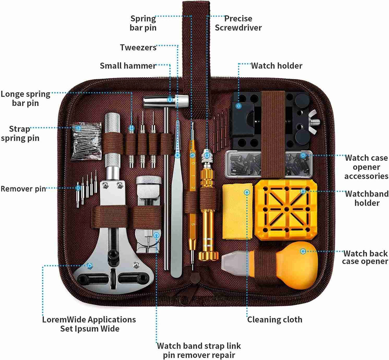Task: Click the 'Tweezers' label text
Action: (138, 48)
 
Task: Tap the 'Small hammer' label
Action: (128, 66)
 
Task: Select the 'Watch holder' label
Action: (277, 66)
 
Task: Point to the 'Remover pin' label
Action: (23, 189)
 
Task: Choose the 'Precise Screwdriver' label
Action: (238, 23)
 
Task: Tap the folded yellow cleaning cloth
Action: (237, 211)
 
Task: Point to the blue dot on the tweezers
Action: (177, 155)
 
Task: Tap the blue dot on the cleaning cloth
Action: (247, 192)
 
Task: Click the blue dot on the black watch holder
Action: (239, 106)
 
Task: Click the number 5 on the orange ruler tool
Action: (193, 224)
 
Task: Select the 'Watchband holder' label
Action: (366, 198)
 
